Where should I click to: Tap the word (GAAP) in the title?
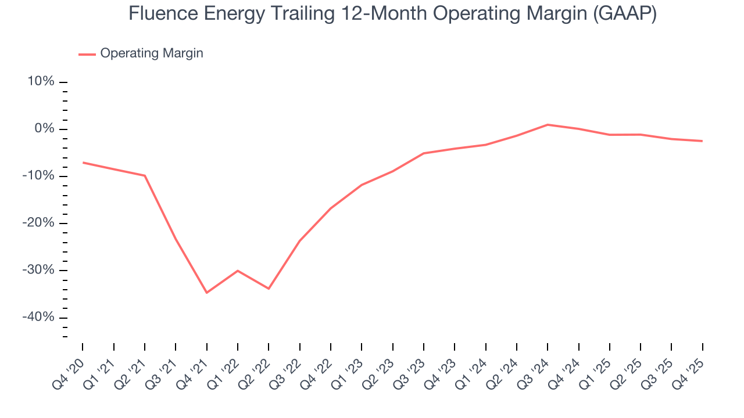[625, 13]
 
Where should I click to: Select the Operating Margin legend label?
[152, 53]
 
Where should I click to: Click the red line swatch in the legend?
[87, 54]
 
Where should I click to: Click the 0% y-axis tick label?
[44, 129]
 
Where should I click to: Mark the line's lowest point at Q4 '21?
[206, 293]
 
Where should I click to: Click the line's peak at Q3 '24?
[548, 124]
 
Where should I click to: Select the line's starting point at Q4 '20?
[83, 163]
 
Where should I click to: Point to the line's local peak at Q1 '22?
[238, 271]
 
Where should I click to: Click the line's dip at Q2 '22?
[269, 289]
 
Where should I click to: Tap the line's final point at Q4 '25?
[702, 141]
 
